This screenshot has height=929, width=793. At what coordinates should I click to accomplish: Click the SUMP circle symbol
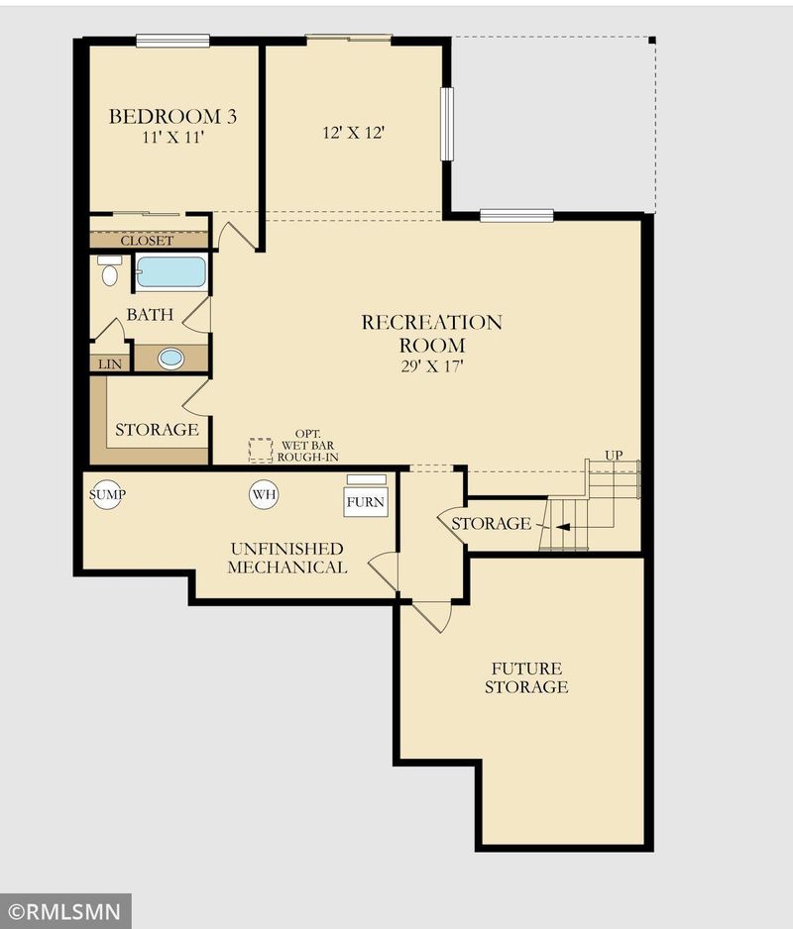(107, 494)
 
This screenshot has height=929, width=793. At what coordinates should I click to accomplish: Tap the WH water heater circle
(264, 494)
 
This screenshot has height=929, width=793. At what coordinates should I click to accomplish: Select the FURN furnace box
(366, 502)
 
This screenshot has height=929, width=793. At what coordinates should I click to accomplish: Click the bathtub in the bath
(170, 272)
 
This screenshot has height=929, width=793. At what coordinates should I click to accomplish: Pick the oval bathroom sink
(170, 358)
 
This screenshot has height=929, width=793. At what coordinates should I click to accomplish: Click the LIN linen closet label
(110, 364)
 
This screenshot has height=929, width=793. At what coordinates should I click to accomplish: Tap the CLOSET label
(147, 241)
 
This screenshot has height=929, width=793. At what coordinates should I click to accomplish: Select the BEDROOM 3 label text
(172, 116)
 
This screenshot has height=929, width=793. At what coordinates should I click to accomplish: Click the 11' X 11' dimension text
(172, 138)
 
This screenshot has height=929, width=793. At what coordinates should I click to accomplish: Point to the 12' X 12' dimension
(354, 133)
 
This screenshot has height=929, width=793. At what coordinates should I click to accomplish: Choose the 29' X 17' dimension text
(432, 366)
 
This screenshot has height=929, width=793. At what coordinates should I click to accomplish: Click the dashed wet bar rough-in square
(261, 451)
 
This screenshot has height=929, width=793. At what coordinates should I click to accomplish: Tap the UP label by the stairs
(614, 455)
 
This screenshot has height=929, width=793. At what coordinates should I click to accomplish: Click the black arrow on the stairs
(562, 527)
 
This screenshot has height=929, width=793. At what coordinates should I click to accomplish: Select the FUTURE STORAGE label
(526, 677)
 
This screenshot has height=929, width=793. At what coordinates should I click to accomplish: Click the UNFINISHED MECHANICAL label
(287, 559)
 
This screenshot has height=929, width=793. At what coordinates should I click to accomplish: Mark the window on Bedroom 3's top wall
(172, 41)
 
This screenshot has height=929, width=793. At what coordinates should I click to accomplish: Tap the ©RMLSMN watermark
(65, 911)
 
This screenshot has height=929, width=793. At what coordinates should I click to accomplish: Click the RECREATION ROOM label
(432, 334)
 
